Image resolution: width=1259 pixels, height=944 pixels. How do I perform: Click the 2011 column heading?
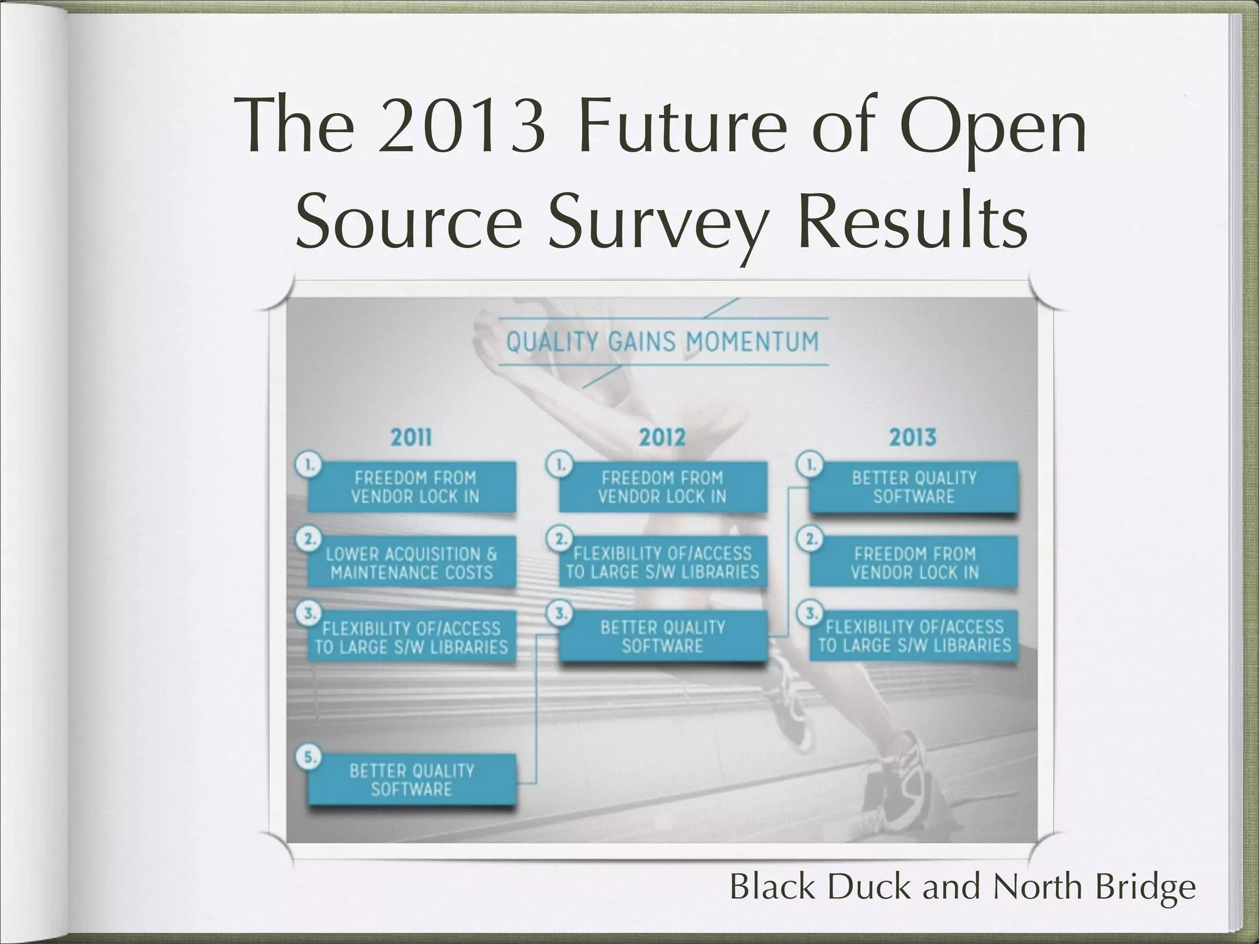point(411,438)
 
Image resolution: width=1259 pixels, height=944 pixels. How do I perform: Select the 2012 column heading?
point(662,438)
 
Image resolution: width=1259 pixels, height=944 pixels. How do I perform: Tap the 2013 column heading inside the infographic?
point(913,438)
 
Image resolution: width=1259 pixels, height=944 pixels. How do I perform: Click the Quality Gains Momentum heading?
point(662,342)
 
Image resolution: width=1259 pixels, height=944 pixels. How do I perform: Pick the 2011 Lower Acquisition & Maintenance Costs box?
point(411,563)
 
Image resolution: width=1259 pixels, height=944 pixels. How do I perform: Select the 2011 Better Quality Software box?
point(411,780)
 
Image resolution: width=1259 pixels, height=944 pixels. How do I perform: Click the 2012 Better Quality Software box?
point(663,637)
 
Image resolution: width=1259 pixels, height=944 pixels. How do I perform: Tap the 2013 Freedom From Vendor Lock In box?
point(914,563)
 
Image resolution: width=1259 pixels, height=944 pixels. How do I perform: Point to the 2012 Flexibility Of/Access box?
point(663,563)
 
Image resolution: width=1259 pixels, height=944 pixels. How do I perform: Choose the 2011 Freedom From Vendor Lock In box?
point(411,487)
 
